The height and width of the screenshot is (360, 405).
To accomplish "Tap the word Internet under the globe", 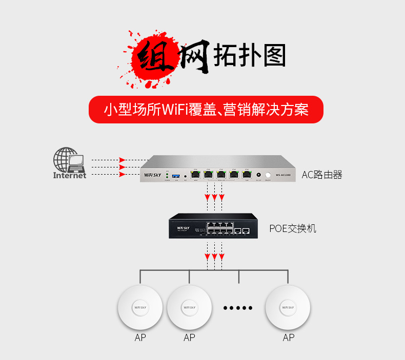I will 70,176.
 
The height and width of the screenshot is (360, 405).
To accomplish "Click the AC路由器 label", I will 321,175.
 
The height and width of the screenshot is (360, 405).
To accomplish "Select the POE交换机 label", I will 293,228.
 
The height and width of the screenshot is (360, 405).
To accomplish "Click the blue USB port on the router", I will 177,175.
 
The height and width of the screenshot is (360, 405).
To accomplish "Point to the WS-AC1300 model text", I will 283,175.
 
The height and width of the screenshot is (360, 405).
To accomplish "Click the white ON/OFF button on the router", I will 268,175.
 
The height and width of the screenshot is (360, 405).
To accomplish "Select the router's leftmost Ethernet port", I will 195,174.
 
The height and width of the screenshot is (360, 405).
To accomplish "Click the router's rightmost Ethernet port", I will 247,174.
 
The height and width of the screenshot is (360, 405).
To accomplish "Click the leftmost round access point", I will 140,308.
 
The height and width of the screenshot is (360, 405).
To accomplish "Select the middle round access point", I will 190,308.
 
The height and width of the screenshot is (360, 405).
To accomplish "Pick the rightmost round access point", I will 288,308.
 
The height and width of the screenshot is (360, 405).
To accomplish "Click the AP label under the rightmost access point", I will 289,337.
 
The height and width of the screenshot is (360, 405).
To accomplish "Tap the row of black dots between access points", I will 238,308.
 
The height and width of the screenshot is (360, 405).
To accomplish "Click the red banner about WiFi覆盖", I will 206,110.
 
